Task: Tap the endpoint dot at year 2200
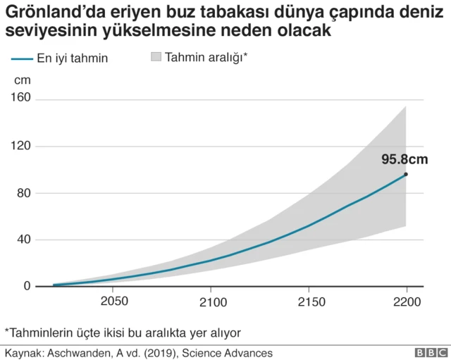(406, 174)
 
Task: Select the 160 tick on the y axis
(20, 98)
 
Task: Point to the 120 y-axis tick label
(20, 146)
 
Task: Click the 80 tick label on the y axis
(23, 193)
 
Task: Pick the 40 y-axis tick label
(23, 240)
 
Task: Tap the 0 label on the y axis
(27, 286)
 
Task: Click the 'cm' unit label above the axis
(22, 80)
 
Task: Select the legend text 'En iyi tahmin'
(73, 59)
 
